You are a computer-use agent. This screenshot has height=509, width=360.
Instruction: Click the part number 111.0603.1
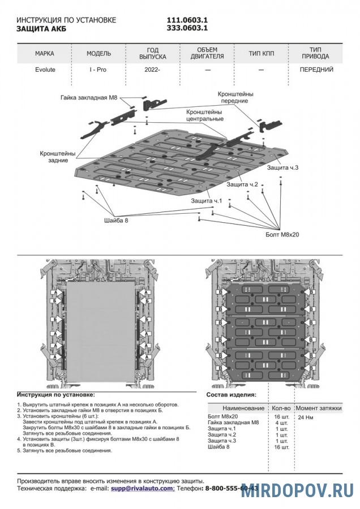click(186, 20)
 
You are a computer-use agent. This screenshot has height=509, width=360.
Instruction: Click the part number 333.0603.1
click(186, 28)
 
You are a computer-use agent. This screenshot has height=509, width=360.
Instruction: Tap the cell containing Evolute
click(45, 70)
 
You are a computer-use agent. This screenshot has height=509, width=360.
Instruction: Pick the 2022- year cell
click(152, 70)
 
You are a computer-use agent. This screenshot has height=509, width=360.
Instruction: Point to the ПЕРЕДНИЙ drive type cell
click(316, 70)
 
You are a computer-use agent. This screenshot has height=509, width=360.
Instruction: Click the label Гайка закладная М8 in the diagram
click(88, 97)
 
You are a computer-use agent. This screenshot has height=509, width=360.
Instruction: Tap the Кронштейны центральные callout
click(205, 115)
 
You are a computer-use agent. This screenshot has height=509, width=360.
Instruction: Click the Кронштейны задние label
click(58, 157)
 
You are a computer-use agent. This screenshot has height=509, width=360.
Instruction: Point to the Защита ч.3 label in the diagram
click(282, 167)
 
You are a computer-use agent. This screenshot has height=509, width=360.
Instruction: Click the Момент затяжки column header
click(319, 408)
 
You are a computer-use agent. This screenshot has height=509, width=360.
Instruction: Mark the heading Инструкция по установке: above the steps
click(56, 394)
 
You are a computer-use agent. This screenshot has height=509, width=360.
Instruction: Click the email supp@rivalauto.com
click(142, 488)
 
